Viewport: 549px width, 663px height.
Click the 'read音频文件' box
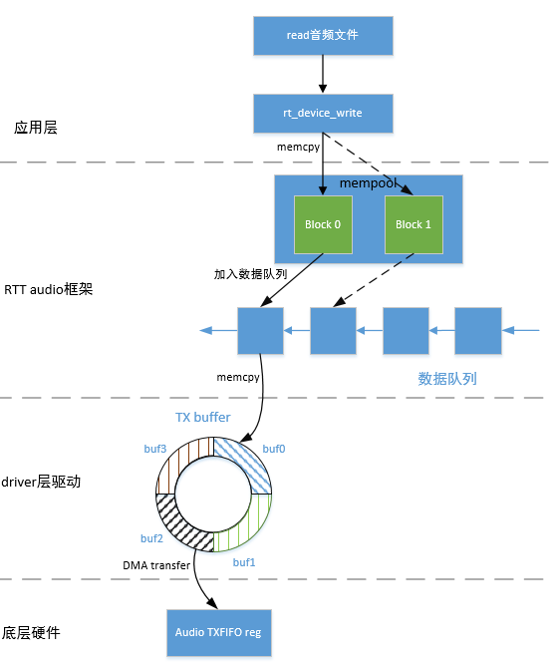322,35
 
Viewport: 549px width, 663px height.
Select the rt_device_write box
322,114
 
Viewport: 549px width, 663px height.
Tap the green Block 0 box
323,224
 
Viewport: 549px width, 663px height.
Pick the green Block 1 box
412,224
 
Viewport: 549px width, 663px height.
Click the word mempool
370,184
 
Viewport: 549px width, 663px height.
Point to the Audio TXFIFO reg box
217,631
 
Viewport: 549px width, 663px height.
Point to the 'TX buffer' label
202,416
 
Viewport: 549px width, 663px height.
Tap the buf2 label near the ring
151,538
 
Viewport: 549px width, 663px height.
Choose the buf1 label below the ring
245,562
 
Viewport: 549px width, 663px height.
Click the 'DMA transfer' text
156,565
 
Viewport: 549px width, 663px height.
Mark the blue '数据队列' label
447,379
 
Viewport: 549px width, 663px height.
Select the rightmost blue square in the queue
478,331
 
